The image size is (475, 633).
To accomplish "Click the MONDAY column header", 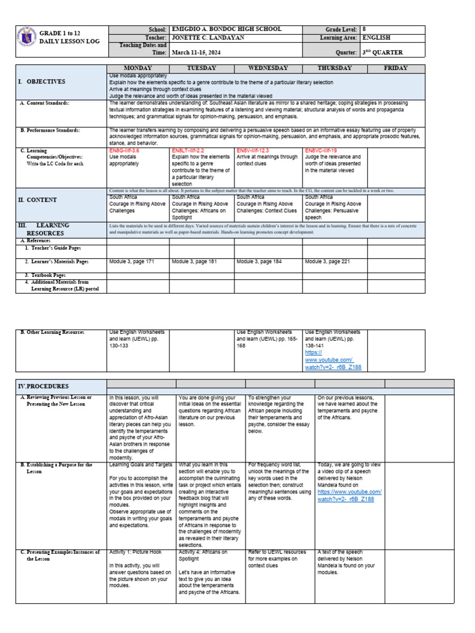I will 138,68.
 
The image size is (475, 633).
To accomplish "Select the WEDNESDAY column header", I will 268,68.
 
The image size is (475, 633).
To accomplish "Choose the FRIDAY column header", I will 395,68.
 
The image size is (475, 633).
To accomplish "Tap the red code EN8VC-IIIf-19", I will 322,150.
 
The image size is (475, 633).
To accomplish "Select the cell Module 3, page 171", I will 132,261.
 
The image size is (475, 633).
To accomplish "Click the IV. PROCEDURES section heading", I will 44,386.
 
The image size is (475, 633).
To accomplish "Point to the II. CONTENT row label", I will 38,200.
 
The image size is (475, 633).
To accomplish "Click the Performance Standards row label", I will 51,130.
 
